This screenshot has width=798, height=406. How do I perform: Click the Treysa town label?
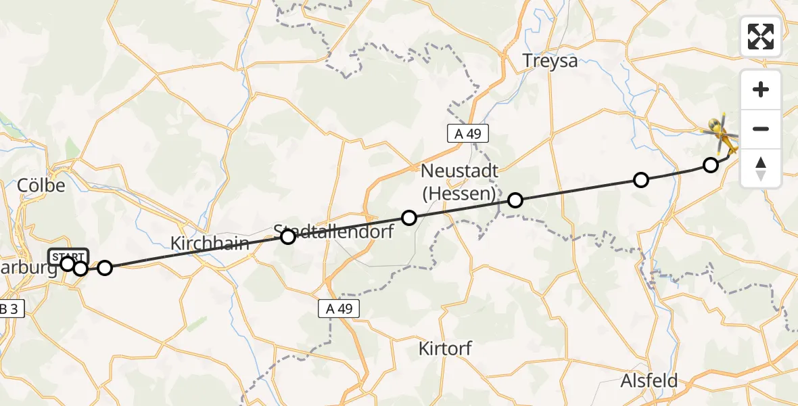tap(550, 61)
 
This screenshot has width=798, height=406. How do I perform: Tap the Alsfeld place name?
tap(649, 380)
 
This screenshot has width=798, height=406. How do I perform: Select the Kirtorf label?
tap(445, 349)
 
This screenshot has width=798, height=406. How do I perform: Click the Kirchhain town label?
tap(210, 244)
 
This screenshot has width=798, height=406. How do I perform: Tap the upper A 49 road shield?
tap(467, 133)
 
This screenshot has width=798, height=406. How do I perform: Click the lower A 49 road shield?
tap(339, 309)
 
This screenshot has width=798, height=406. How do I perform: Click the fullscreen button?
tap(761, 37)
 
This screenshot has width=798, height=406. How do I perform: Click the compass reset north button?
tap(761, 168)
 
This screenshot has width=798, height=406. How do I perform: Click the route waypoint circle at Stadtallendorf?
tap(288, 237)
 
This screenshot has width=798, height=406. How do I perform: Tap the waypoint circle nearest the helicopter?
tap(710, 164)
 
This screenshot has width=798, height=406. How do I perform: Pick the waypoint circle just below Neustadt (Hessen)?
tap(515, 200)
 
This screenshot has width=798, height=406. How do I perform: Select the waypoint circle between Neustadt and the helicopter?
tap(640, 179)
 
